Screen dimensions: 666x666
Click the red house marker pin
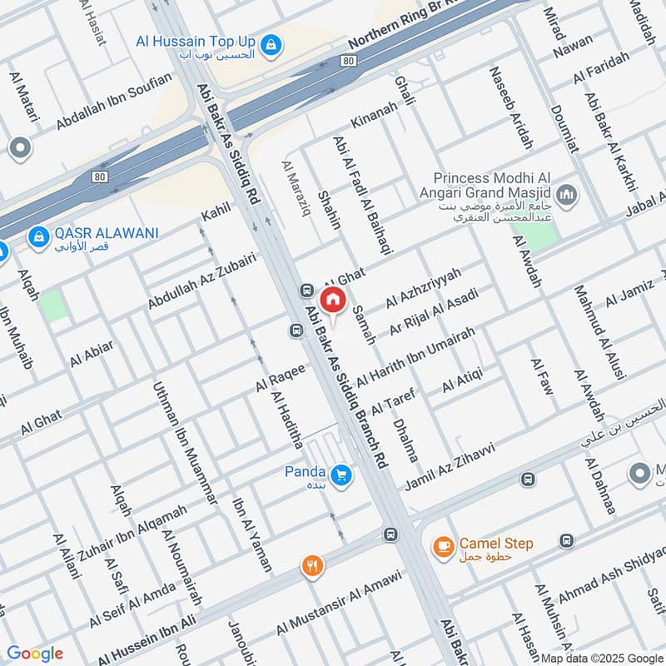point(332,300)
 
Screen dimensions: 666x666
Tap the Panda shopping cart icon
point(340,476)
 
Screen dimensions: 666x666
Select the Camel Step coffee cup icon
point(441,545)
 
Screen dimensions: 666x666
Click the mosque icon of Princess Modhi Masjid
point(567,196)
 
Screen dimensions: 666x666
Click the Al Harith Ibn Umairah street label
point(415,356)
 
